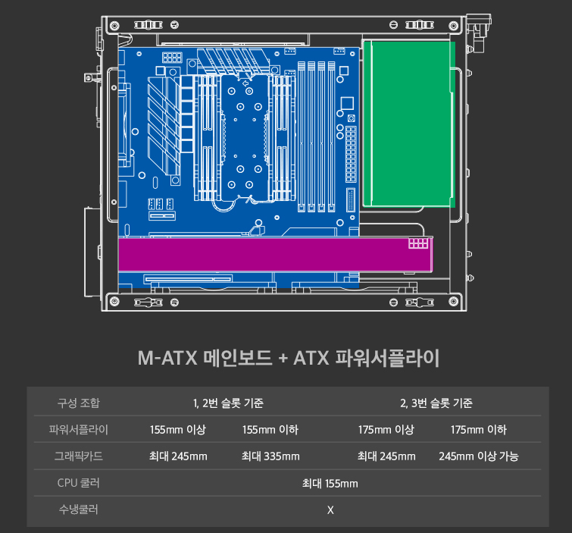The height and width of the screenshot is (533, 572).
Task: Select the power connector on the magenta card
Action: (417, 244)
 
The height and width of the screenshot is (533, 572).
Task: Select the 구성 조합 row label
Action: (79, 402)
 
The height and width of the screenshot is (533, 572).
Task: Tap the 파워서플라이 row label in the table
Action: (79, 430)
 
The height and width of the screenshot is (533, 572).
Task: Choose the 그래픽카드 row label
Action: (79, 456)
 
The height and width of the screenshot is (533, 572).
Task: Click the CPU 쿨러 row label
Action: (79, 483)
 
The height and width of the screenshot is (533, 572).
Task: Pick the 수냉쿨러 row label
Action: (79, 509)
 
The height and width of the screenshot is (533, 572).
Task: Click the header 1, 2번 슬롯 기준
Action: (228, 402)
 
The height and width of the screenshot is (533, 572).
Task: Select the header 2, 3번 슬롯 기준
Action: (436, 402)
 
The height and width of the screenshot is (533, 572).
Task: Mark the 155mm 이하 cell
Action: (270, 430)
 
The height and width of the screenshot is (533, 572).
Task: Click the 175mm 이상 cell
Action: (386, 430)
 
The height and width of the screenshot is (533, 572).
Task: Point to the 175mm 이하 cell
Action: (479, 430)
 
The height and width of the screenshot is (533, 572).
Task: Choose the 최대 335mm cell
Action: (270, 456)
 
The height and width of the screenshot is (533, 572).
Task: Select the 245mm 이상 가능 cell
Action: (479, 456)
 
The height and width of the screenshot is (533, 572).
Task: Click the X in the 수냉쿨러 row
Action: (330, 509)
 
